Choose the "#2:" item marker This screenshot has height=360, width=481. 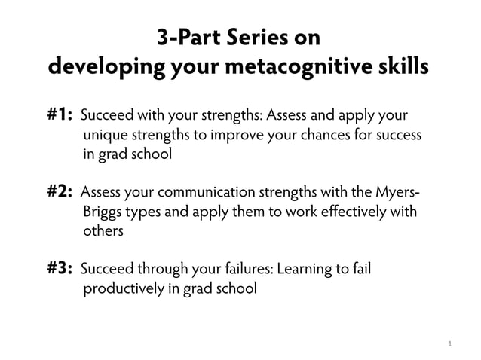[60, 192]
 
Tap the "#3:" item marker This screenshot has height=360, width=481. [60, 268]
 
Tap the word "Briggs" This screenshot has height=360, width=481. [103, 212]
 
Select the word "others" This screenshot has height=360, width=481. [103, 231]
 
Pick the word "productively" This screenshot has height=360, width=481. [122, 288]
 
